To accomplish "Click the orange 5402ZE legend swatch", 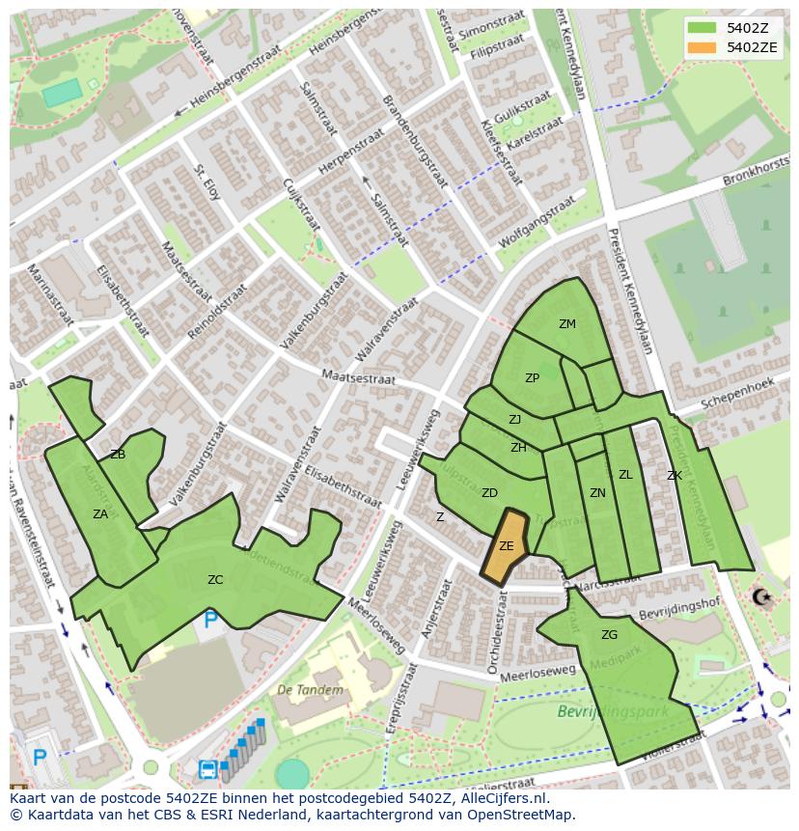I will (x=703, y=47).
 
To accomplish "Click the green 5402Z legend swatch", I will (x=703, y=27).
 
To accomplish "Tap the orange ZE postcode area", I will (x=506, y=547).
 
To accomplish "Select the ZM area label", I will (x=567, y=324).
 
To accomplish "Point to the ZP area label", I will (x=532, y=378).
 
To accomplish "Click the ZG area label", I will (x=609, y=635).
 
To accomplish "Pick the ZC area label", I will (x=215, y=580).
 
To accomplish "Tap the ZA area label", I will (x=100, y=514).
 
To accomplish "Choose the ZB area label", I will (x=118, y=455).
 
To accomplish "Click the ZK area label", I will (x=675, y=476).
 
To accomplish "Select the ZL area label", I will (x=625, y=475).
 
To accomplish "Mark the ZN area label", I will (x=597, y=493).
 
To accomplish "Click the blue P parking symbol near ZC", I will (x=211, y=620).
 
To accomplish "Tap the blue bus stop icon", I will (x=207, y=769).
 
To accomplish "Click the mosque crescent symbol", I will (x=762, y=597).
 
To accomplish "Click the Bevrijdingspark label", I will (x=599, y=712).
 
